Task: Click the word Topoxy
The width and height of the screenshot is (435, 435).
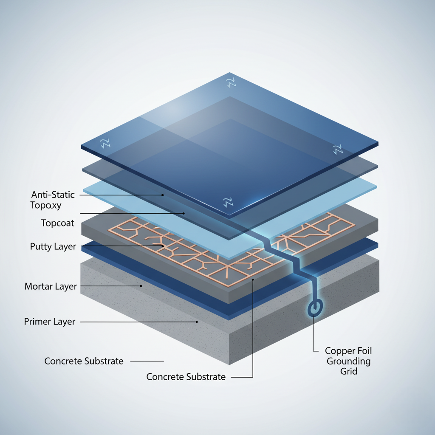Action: tap(46, 206)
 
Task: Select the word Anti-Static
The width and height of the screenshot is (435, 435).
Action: tap(53, 195)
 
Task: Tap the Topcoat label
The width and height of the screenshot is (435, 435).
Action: tap(57, 223)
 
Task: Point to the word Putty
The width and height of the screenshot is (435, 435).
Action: tap(41, 246)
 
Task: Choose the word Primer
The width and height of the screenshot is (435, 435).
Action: tap(37, 322)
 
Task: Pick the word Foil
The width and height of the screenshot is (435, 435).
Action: tap(363, 351)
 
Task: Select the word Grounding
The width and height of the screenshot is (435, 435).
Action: tap(349, 361)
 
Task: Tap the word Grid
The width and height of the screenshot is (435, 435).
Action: tap(349, 371)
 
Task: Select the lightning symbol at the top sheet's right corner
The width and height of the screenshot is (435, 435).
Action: tap(338, 149)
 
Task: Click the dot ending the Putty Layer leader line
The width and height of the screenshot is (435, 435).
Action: tap(163, 246)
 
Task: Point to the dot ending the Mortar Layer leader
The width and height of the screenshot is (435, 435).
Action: tap(141, 286)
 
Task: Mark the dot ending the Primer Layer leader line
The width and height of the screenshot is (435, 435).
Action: tap(197, 322)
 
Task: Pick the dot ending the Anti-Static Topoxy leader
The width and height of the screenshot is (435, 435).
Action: tap(162, 195)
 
